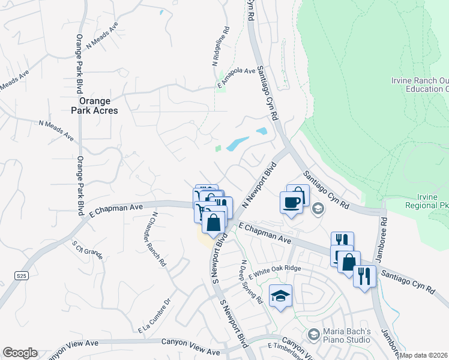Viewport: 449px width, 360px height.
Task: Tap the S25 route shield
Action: coord(22,275)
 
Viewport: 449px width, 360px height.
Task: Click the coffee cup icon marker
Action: coord(291,201)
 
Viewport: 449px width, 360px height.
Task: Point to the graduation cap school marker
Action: coord(280,296)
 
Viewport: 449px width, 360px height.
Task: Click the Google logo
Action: coord(20,353)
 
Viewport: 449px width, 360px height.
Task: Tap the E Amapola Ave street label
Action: coord(236,71)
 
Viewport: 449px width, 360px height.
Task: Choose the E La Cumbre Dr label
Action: coord(154,317)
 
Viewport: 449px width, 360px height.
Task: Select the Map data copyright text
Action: coord(424,355)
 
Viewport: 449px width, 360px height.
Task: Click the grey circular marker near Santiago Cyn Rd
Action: coord(318,209)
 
